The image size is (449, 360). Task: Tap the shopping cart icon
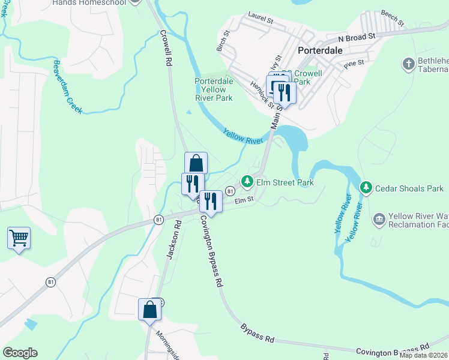click(19, 238)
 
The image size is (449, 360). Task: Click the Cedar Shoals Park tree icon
click(366, 188)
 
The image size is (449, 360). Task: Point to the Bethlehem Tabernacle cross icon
click(408, 64)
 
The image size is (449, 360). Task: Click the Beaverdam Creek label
click(67, 87)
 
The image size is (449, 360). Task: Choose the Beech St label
click(393, 20)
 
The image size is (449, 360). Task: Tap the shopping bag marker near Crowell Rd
click(196, 163)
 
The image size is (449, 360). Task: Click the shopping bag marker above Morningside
click(149, 310)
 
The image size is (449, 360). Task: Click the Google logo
click(20, 353)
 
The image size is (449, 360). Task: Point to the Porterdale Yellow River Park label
click(213, 89)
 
